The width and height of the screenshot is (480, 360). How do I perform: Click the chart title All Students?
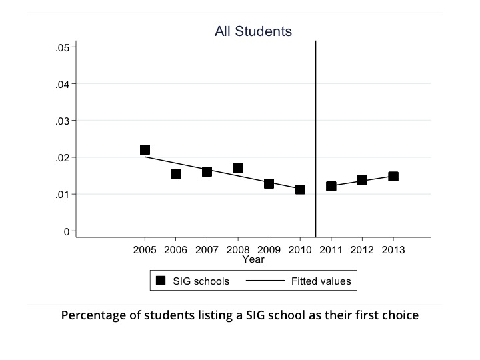coord(253,31)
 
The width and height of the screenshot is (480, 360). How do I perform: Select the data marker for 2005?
coord(145,149)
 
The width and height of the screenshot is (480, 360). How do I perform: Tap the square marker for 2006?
coord(175,173)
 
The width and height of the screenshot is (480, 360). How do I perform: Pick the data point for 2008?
coord(238,168)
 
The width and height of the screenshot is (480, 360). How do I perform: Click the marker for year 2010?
coord(300,189)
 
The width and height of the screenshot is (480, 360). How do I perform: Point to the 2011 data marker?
coord(331,186)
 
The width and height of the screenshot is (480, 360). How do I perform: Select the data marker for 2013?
coord(393,176)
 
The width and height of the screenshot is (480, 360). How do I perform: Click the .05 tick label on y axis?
coord(63,47)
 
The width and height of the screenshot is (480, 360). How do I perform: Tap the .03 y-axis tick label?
coord(63,121)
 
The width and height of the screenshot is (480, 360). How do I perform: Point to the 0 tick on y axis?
coord(66,231)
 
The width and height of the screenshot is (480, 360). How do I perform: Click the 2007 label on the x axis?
coord(207,250)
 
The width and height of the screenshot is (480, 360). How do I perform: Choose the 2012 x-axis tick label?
coord(362,250)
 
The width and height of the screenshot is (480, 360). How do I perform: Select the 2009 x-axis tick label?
coord(269,250)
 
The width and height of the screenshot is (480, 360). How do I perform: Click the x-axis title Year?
coord(253,259)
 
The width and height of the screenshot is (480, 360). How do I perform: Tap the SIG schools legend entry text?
coord(201,281)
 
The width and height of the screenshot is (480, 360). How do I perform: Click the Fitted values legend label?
coord(321,281)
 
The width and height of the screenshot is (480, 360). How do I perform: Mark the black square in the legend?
coord(161,281)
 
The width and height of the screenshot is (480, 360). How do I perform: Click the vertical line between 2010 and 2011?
coord(315,133)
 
